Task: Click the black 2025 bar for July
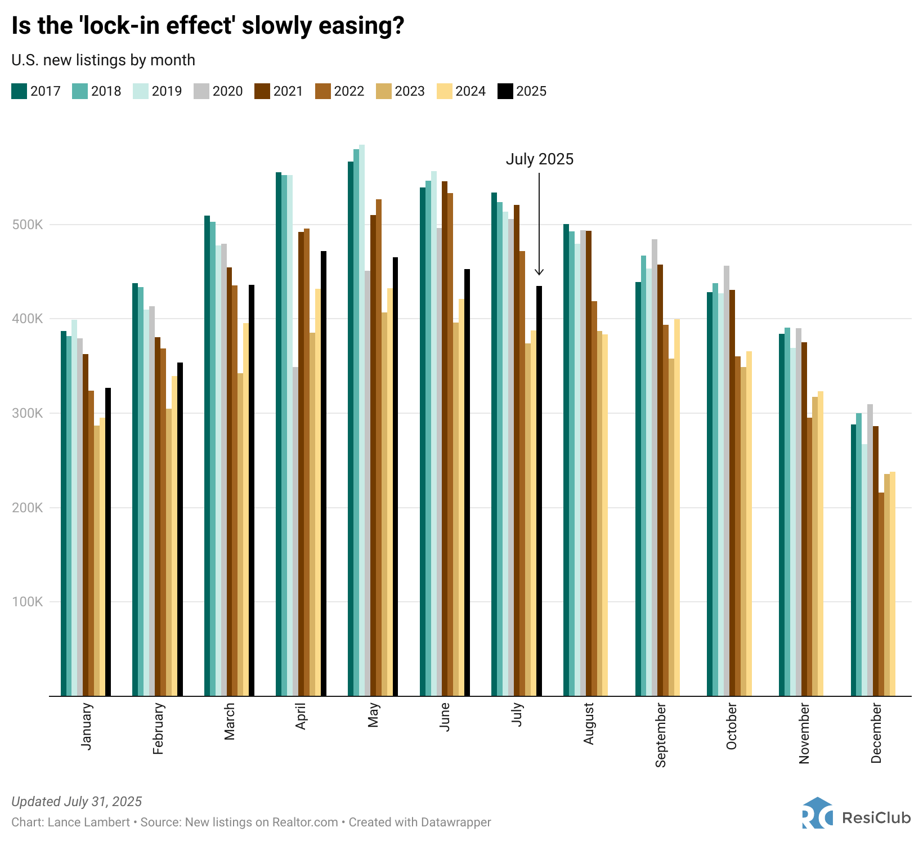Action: [539, 490]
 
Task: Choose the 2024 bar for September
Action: [677, 507]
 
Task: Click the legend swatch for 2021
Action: [262, 91]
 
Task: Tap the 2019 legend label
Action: [167, 91]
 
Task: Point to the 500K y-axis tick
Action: [28, 225]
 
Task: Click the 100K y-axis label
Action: [28, 602]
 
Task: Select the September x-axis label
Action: [661, 735]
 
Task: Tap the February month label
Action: [158, 728]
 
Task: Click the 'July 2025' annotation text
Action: [539, 159]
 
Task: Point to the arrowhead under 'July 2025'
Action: [539, 272]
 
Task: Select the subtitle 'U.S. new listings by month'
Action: [103, 60]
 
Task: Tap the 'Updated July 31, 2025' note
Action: [77, 802]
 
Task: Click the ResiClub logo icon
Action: [817, 813]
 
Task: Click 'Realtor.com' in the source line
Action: [305, 822]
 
